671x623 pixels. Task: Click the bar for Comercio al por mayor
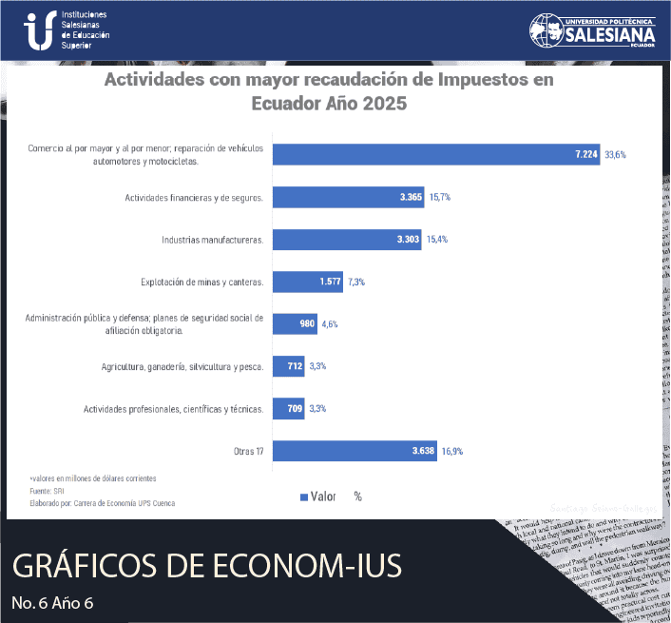point(436,154)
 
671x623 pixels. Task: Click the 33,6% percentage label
point(616,154)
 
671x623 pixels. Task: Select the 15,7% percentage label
point(439,197)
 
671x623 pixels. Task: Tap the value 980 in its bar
point(307,324)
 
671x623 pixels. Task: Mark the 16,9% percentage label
point(452,451)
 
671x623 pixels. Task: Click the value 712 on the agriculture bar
point(293,366)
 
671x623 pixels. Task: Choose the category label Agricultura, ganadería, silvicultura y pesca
point(182,366)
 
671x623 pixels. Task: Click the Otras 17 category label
point(248,451)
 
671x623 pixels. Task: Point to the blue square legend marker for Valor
point(304,496)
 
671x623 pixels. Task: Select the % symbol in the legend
point(357,496)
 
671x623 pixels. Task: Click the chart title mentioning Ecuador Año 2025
point(328,91)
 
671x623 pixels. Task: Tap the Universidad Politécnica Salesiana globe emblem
point(546,30)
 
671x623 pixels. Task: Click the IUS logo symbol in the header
point(39,30)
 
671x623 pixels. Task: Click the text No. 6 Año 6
point(53,602)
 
